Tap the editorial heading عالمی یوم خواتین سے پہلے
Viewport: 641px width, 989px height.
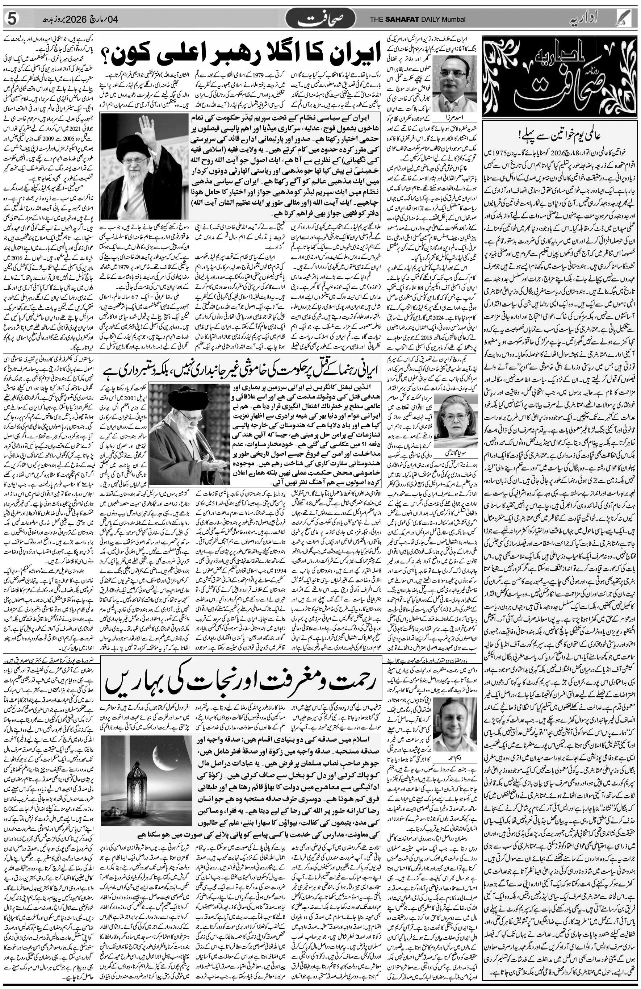click(x=561, y=135)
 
